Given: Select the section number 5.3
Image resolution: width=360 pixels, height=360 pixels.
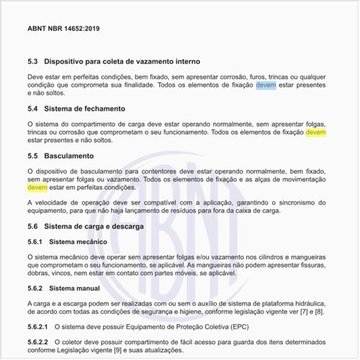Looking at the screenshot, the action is pyautogui.click(x=33, y=62).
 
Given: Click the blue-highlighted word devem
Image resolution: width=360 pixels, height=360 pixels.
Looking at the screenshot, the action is pyautogui.click(x=265, y=85).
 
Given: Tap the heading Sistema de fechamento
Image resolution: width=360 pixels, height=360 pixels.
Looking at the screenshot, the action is pyautogui.click(x=85, y=109).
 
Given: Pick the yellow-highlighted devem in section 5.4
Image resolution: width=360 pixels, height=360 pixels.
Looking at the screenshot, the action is pyautogui.click(x=315, y=132).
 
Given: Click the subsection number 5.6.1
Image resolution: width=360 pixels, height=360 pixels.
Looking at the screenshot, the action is pyautogui.click(x=36, y=241).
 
